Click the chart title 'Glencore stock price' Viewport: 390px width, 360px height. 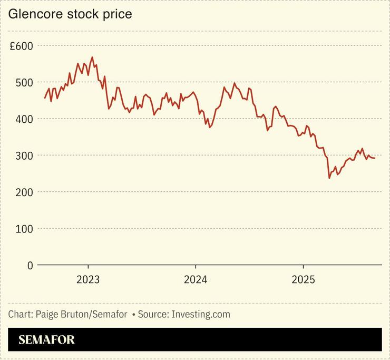[x=70, y=14]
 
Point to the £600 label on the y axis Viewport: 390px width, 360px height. [x=21, y=46]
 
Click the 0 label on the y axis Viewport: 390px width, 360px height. [x=30, y=265]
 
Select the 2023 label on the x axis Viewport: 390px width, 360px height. [x=88, y=279]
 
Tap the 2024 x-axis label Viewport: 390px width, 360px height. [x=196, y=279]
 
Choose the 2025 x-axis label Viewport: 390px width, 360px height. [x=303, y=279]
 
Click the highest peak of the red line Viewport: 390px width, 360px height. [x=92, y=57]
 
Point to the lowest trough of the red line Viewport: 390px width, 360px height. [x=329, y=178]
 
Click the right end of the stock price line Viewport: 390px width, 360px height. [x=375, y=158]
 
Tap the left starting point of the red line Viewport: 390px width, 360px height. [x=45, y=98]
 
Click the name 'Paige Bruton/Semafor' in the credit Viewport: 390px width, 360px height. [x=81, y=314]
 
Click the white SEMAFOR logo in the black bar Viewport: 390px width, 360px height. [x=46, y=340]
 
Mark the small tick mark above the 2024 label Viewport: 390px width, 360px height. [x=196, y=267]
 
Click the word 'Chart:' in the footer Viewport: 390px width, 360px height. [x=21, y=314]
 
